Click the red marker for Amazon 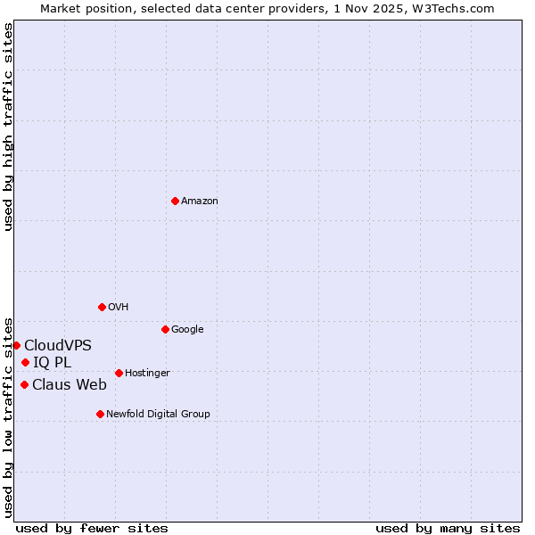tap(175, 201)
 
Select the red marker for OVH tap(102, 307)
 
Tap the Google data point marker tap(165, 329)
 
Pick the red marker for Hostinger tap(119, 373)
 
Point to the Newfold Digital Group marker tap(100, 414)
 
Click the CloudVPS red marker tap(16, 345)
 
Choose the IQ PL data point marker tap(25, 362)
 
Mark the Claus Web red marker tap(24, 384)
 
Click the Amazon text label tap(200, 202)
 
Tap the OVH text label tap(119, 308)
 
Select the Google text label tap(187, 330)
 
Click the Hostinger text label tap(147, 374)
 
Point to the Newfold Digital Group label tap(158, 415)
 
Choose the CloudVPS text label tap(58, 346)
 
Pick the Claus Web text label tap(70, 385)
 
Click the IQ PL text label tap(52, 363)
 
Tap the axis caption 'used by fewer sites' tap(92, 528)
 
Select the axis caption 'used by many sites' tap(448, 528)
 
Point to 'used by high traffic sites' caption tap(8, 127)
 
